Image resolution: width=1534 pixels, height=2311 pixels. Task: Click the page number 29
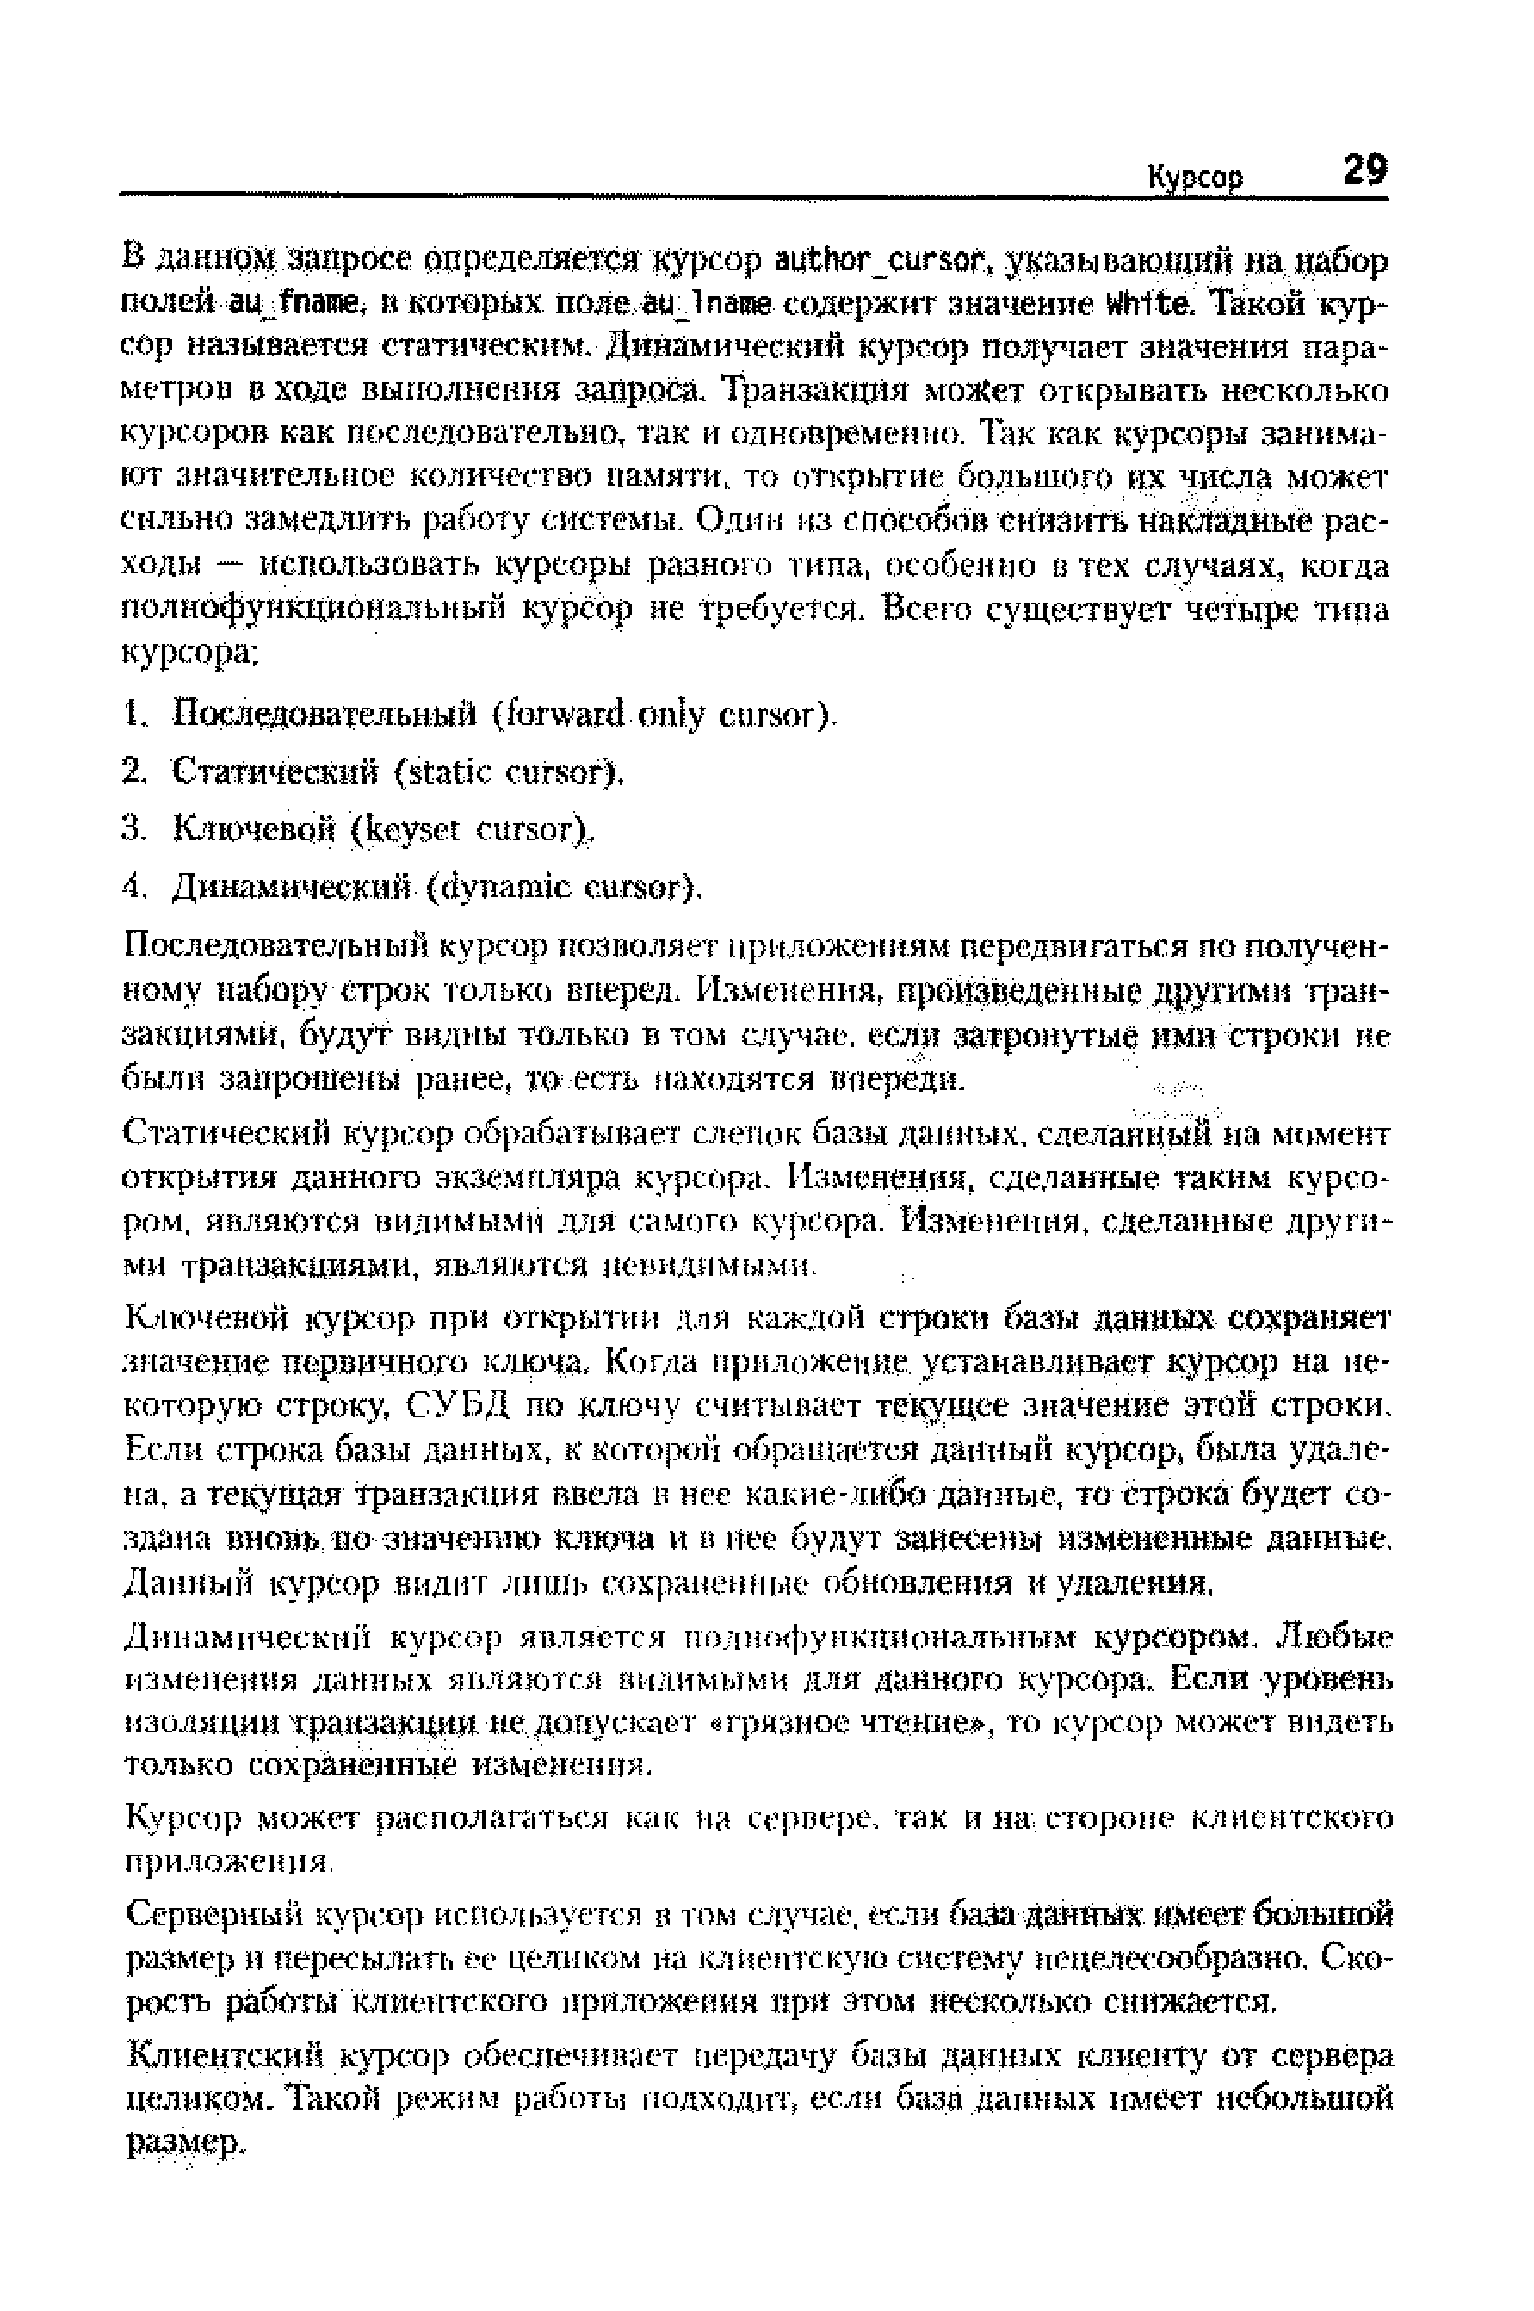1362,171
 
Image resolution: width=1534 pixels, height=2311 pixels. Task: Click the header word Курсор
1195,178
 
